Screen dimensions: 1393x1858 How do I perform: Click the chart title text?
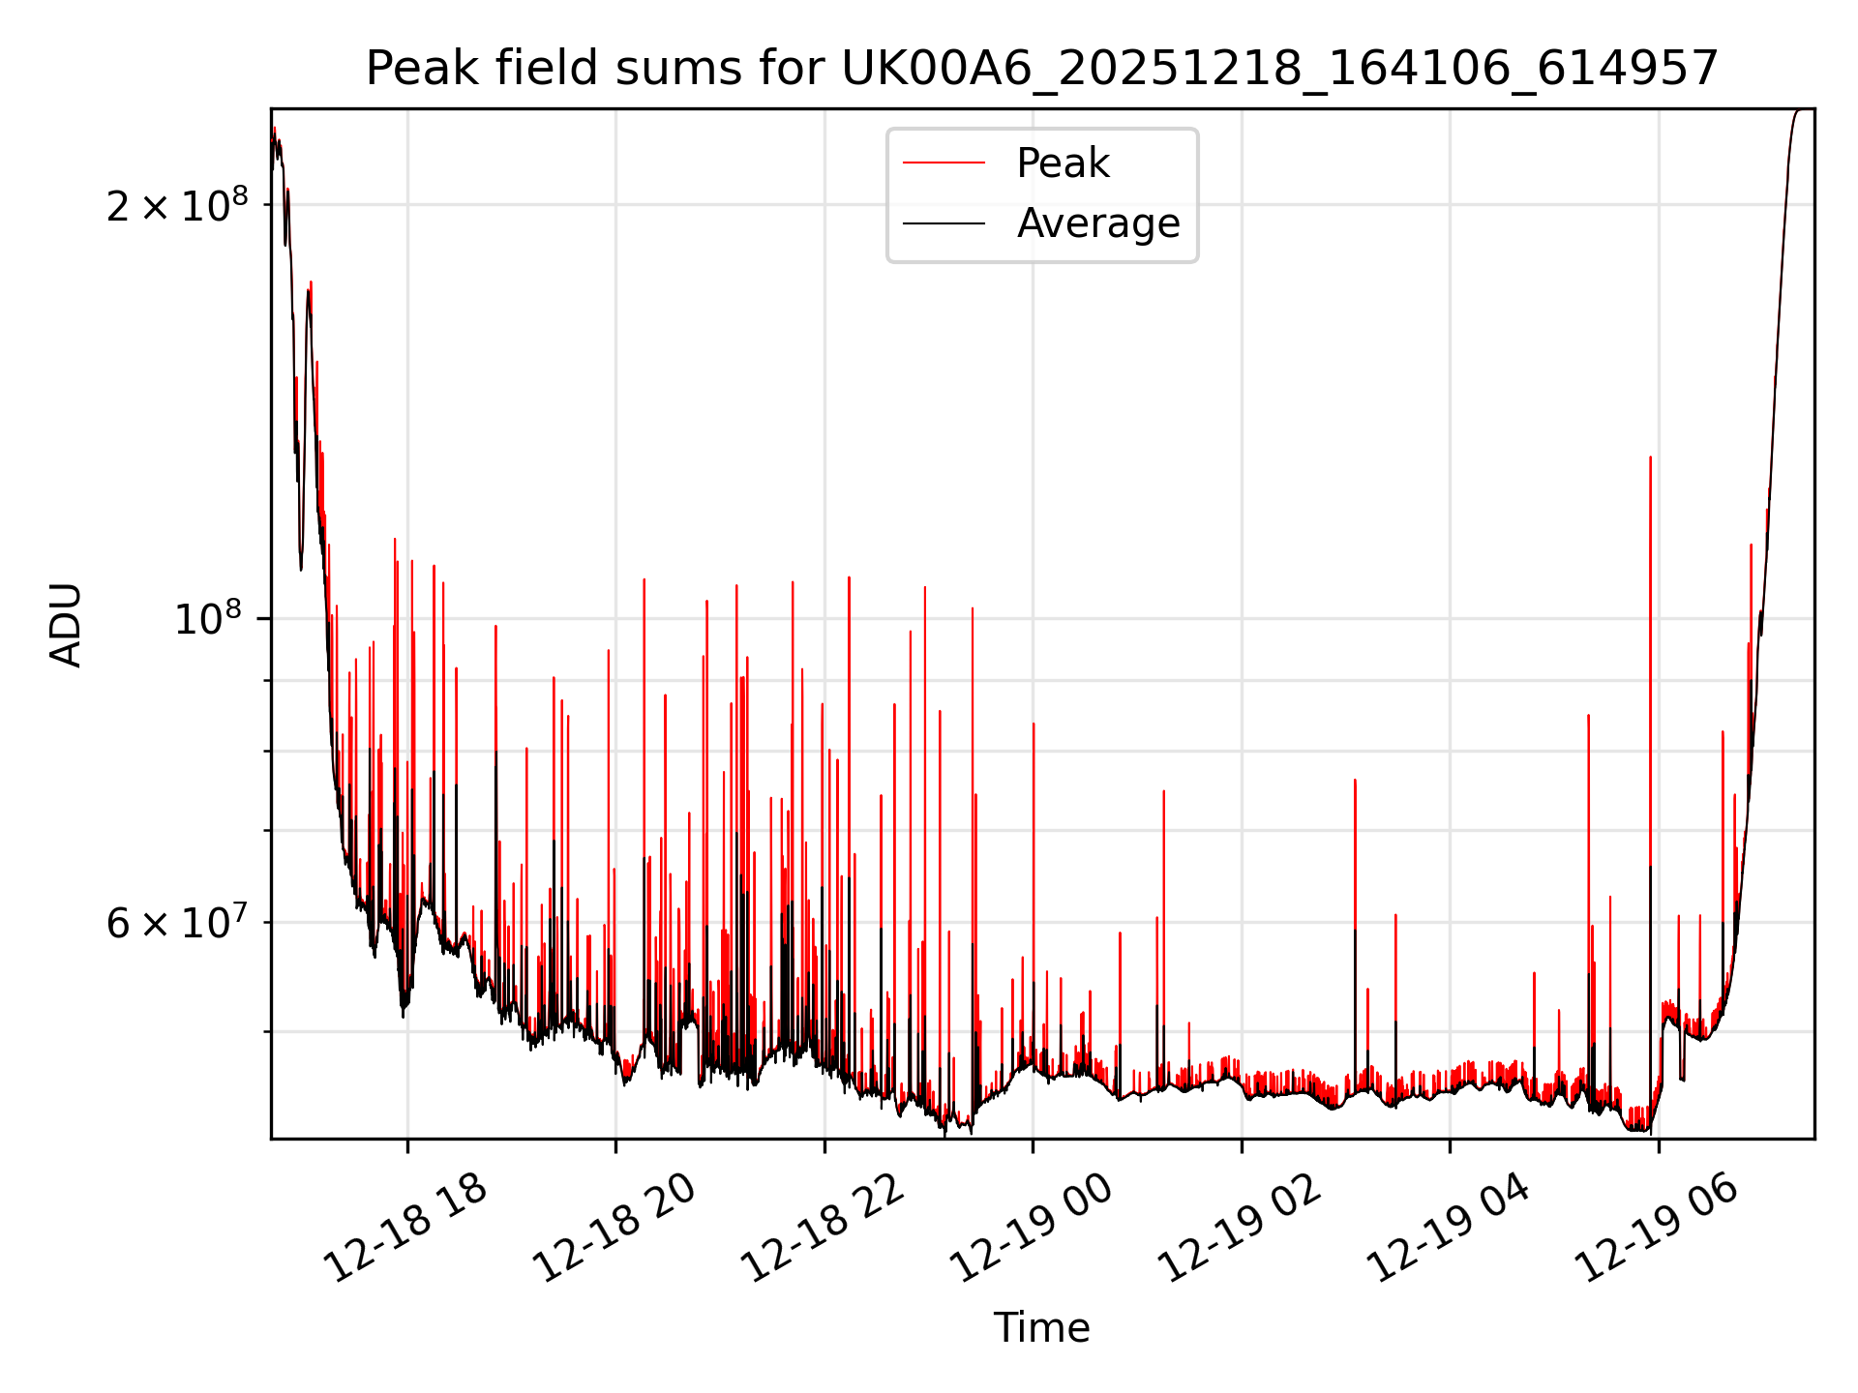coord(1041,69)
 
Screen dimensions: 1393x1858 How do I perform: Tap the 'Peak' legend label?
coord(1063,163)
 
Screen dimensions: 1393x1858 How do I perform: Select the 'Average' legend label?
coord(1098,223)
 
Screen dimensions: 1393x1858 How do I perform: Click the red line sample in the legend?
coord(944,163)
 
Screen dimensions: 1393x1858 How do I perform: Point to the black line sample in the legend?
coord(944,223)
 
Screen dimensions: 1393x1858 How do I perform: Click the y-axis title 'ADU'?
coord(66,624)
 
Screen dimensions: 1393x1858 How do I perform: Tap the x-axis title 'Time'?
coord(1041,1328)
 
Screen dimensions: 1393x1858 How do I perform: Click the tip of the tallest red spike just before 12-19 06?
coord(1650,458)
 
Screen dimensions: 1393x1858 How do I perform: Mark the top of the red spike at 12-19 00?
coord(1034,724)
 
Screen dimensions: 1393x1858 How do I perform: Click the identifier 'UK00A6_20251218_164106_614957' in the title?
coord(1279,69)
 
